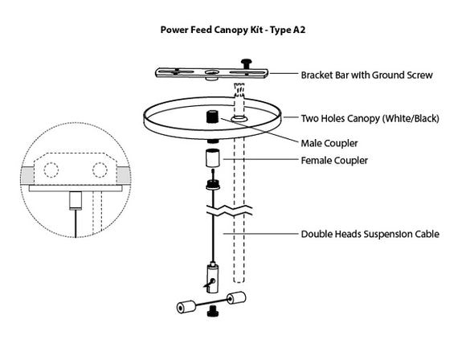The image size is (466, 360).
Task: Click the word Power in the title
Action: [x=175, y=30]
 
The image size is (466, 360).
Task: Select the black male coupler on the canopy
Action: [x=213, y=115]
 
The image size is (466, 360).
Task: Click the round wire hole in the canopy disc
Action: [x=239, y=118]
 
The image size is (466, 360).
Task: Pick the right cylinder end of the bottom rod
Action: [x=239, y=300]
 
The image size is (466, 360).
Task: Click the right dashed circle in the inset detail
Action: [x=100, y=170]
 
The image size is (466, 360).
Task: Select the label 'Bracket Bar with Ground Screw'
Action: [x=366, y=76]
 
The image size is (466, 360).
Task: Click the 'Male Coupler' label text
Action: [x=329, y=144]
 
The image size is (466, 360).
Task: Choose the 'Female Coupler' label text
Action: [x=334, y=161]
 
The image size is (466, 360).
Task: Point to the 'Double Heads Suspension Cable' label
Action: [x=370, y=235]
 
